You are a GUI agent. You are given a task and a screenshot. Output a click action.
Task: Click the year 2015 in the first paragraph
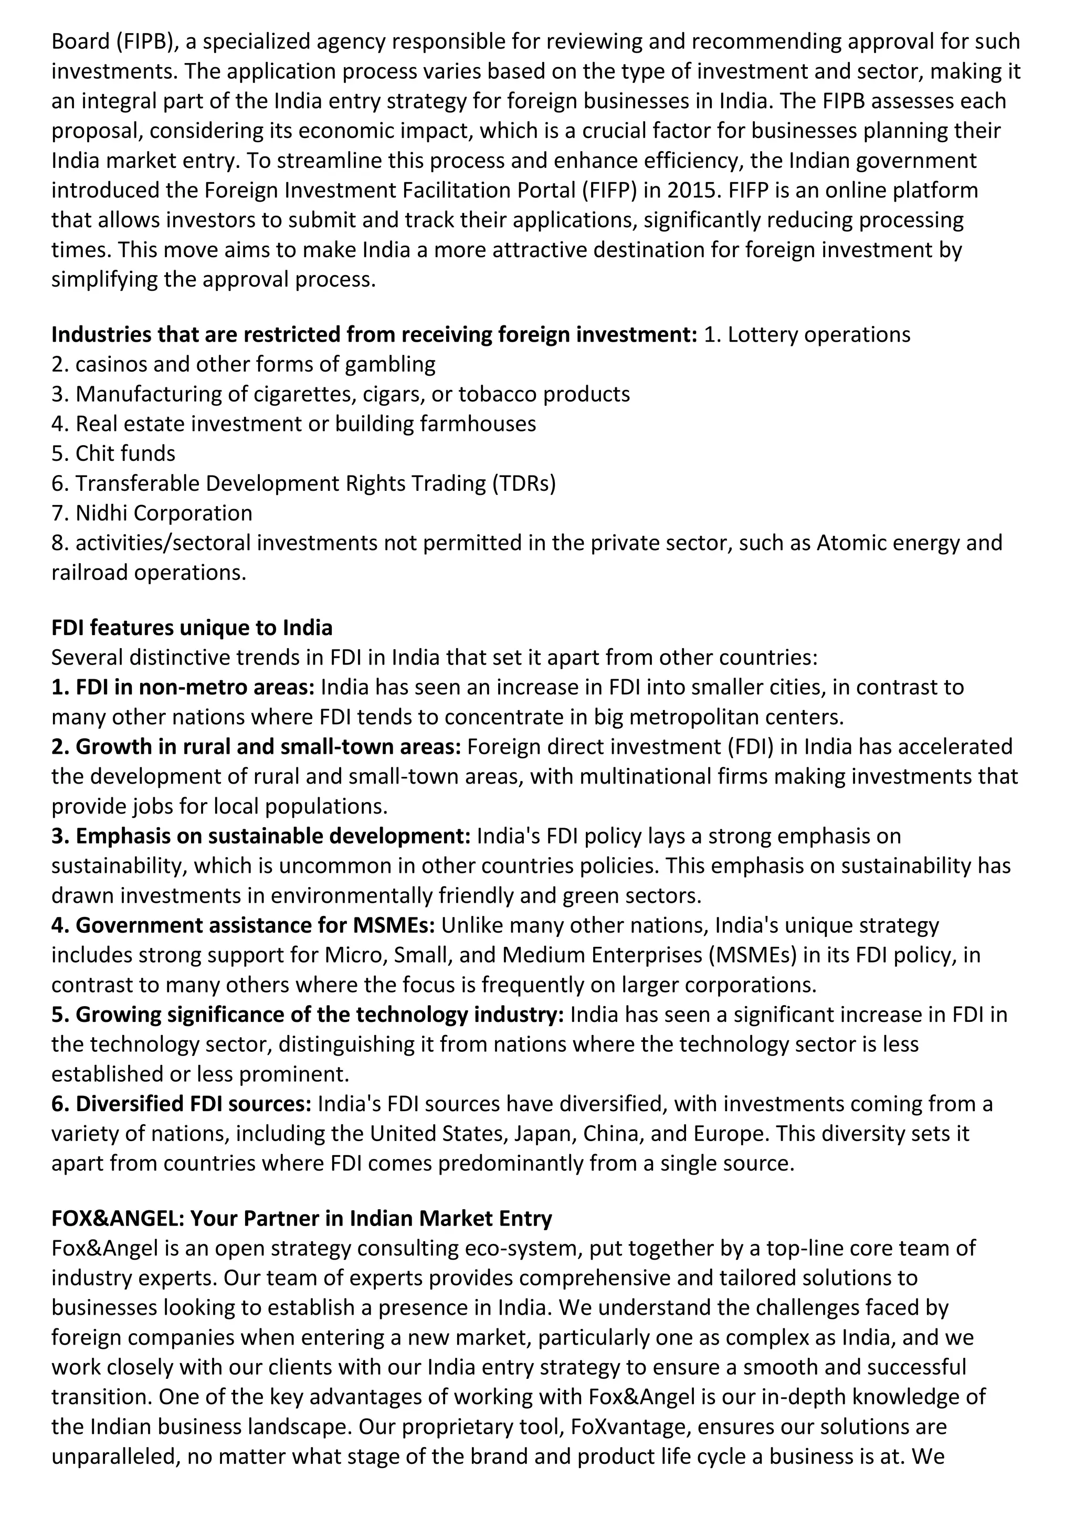692,191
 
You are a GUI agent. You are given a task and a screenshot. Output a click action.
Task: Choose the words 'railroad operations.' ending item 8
149,573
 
